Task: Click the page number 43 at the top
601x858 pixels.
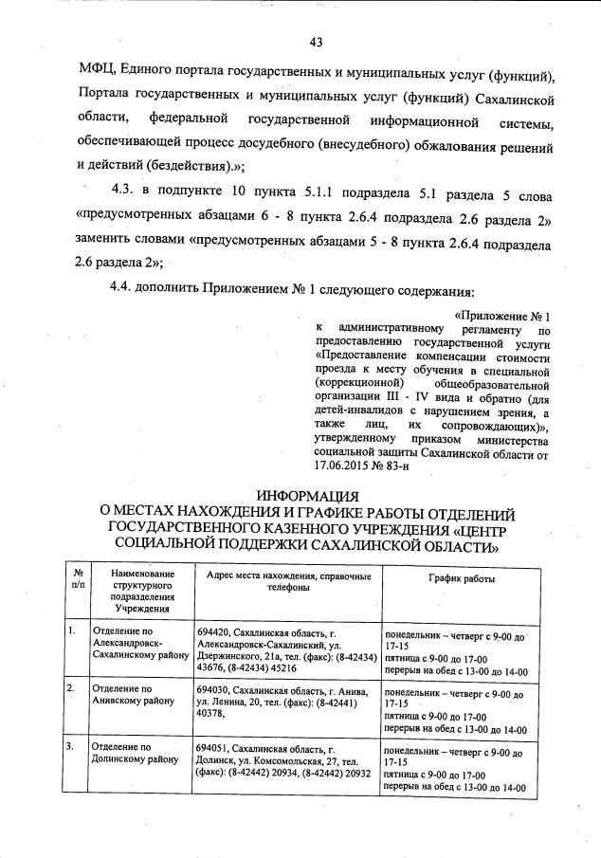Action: [317, 41]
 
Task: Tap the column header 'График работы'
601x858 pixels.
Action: [461, 578]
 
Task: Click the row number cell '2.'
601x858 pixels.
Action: [72, 688]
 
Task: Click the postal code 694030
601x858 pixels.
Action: [213, 689]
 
